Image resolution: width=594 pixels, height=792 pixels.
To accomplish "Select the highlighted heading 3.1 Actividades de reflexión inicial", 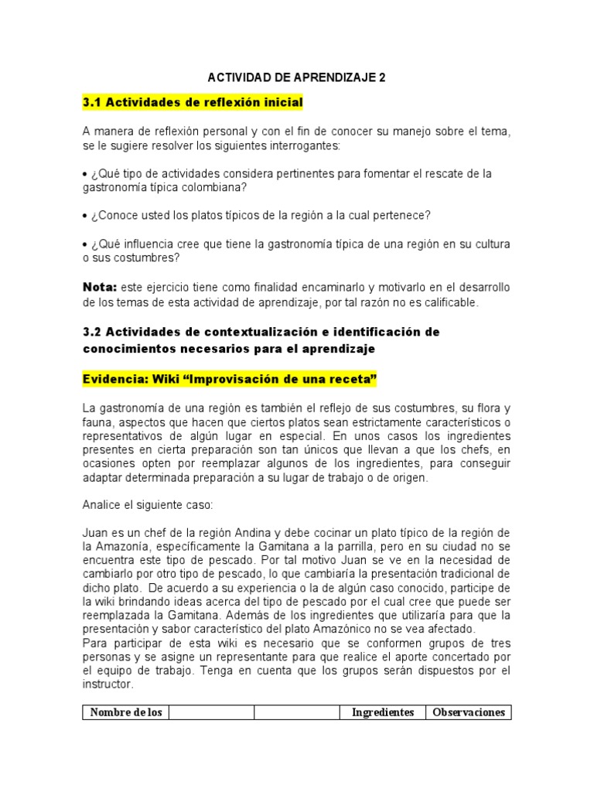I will (193, 102).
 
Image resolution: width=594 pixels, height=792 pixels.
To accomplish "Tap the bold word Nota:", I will (98, 287).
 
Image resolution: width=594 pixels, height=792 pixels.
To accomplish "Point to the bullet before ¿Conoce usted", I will (85, 214).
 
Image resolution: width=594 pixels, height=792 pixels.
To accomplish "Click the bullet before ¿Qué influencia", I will (85, 244).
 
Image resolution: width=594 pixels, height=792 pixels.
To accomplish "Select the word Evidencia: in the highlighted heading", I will (111, 380).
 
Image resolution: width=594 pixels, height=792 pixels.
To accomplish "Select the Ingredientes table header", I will (383, 712).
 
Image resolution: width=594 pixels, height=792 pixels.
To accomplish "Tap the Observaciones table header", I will (469, 712).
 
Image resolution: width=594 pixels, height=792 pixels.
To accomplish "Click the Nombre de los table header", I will (126, 712).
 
